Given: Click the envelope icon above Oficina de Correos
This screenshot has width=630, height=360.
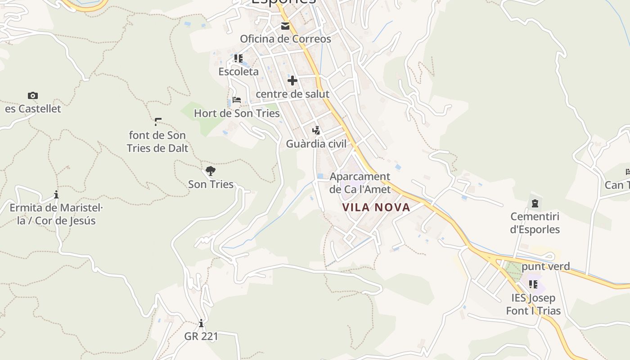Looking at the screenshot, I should point(285,26).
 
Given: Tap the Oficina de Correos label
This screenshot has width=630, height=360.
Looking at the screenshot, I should point(285,39).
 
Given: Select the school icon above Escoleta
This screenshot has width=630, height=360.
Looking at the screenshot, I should point(238,58).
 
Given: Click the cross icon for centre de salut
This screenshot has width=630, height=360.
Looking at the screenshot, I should point(292,81).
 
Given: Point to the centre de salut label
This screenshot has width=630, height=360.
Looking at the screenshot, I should point(292,94).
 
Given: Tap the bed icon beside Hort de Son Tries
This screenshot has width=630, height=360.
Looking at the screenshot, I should point(237,100).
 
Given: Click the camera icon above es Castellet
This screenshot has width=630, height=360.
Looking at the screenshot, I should point(33,95).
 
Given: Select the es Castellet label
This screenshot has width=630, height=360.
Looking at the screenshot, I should point(33,109).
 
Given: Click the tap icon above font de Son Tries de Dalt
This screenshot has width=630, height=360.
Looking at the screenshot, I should point(158,121).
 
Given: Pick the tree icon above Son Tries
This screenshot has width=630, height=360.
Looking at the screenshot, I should point(210,171).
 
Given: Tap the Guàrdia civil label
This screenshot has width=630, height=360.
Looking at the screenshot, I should point(316,144).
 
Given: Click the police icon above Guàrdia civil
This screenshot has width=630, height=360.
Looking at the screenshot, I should point(316,130).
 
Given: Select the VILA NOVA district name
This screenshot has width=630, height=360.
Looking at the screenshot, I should point(376,207).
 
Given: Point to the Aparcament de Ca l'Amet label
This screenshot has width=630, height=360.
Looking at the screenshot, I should point(360,183).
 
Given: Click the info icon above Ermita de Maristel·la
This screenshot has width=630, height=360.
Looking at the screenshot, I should point(56,194).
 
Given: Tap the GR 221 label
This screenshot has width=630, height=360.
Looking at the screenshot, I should point(201,336).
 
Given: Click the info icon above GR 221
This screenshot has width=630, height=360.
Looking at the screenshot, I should point(201,323).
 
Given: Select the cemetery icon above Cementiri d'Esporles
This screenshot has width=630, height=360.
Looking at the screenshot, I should point(535,204).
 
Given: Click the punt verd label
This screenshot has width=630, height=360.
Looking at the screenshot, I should point(545,266).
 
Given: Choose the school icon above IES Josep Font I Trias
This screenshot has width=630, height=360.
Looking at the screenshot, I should point(533,284).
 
